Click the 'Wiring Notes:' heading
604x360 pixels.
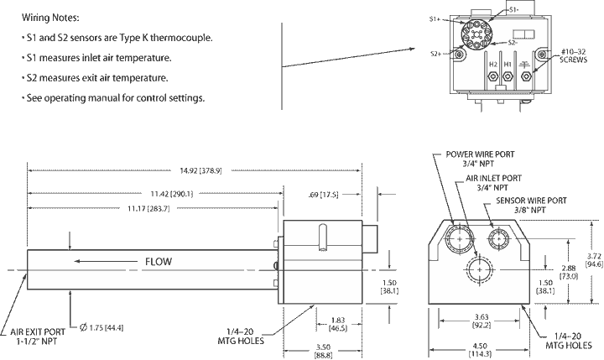pyautogui.click(x=50, y=18)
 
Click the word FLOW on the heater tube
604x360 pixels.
pyautogui.click(x=159, y=262)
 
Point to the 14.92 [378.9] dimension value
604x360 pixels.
pyautogui.click(x=200, y=170)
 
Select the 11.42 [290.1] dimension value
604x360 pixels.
pyautogui.click(x=172, y=194)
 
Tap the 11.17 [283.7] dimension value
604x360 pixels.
pyautogui.click(x=148, y=208)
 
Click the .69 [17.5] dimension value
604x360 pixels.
pyautogui.click(x=323, y=195)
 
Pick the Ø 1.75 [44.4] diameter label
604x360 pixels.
pyautogui.click(x=102, y=327)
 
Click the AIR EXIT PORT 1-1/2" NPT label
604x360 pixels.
pyautogui.click(x=38, y=337)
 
